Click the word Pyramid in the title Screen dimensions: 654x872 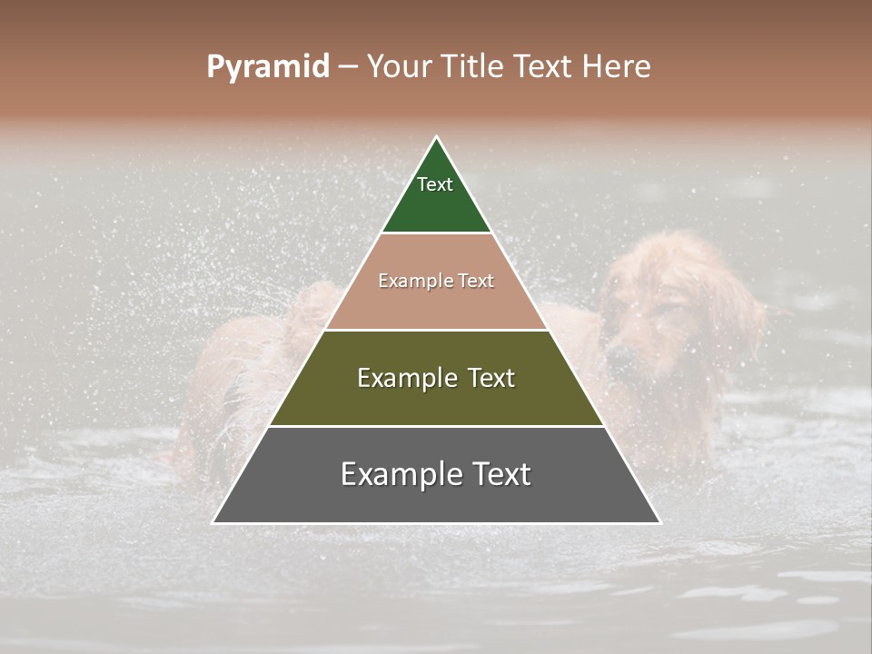pos(267,67)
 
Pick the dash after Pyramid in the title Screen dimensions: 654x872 pos(347,67)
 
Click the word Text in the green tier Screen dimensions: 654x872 pos(435,184)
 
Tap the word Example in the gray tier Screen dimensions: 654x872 pos(393,474)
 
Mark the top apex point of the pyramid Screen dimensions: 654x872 pos(437,138)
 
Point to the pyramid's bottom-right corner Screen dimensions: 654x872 pos(659,522)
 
